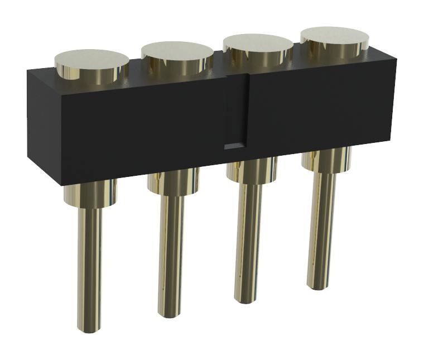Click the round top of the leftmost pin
[91, 59]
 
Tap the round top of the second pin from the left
[177, 51]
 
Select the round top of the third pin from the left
[258, 44]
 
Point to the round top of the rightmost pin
[334, 36]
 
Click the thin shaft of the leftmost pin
[89, 262]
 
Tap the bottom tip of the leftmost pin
[89, 328]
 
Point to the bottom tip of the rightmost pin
[318, 286]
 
